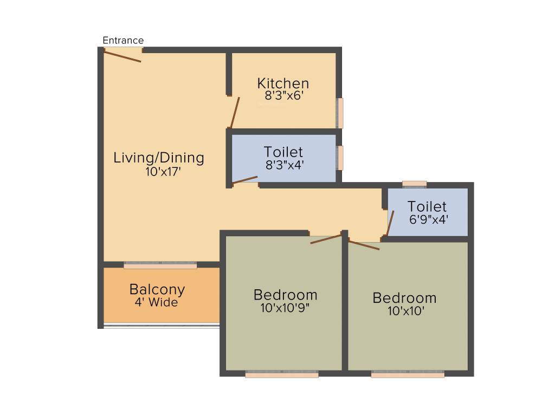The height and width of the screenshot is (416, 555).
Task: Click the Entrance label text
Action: tap(123, 41)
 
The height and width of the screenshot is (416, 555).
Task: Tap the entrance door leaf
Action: tap(123, 56)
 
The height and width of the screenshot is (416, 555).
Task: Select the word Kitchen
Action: tap(283, 83)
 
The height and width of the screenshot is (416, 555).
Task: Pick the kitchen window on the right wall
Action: tap(340, 113)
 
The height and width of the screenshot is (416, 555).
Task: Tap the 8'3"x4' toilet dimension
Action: tap(284, 165)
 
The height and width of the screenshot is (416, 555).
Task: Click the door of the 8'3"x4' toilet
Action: tap(245, 180)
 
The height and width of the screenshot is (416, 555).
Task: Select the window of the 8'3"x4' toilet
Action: tap(340, 158)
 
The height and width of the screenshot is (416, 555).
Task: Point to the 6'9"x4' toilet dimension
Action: tap(428, 220)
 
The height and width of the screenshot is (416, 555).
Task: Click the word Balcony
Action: tap(157, 289)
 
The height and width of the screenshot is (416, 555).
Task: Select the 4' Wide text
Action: tap(156, 302)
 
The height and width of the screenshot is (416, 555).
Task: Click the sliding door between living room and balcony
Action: tap(160, 265)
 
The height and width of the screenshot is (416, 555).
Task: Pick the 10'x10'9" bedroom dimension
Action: tap(286, 308)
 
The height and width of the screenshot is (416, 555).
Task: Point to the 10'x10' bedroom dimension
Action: tap(404, 311)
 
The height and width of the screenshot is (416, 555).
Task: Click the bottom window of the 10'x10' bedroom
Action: tap(408, 374)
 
